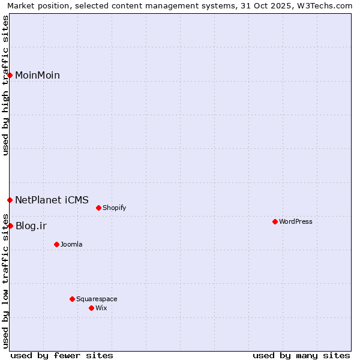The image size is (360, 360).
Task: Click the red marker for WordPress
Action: (275, 221)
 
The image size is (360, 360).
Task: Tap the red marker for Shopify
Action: (98, 208)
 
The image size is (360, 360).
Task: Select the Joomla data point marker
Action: (56, 244)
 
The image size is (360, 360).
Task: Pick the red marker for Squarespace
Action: (72, 299)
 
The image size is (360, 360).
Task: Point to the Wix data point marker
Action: (91, 308)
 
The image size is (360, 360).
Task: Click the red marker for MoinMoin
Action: (10, 75)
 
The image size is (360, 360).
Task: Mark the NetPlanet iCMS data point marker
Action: (10, 200)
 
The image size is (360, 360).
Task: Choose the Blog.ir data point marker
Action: (10, 226)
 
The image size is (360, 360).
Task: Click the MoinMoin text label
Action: (37, 75)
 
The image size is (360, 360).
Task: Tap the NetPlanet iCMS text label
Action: (52, 200)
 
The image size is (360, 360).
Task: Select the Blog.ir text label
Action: (31, 226)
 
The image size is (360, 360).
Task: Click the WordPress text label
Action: (296, 221)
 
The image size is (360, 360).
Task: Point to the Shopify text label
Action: (114, 208)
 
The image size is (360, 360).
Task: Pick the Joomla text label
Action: (71, 244)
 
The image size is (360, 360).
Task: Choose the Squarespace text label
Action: (97, 299)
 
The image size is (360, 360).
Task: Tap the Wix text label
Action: (101, 308)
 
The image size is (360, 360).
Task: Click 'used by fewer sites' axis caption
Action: (62, 355)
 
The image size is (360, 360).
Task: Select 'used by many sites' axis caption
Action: (301, 355)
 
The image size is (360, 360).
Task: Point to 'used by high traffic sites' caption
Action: (6, 85)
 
